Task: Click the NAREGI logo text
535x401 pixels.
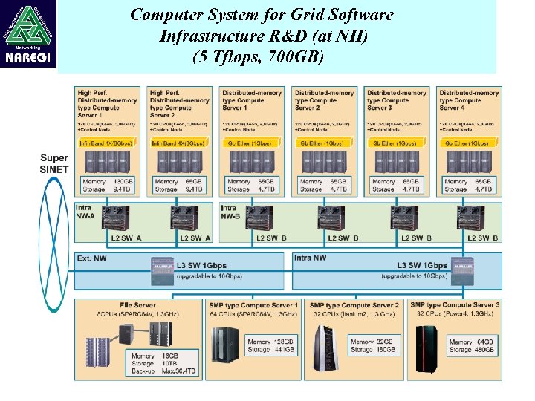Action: [x=29, y=59]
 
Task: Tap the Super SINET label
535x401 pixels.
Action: [x=53, y=163]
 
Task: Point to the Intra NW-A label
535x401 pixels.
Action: [x=85, y=212]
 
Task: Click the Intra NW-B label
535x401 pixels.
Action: [x=231, y=212]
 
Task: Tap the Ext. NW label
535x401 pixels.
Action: [x=92, y=258]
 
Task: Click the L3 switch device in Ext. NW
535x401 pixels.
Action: [x=161, y=270]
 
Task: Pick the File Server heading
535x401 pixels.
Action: [x=137, y=305]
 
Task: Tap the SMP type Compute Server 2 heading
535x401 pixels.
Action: [x=354, y=305]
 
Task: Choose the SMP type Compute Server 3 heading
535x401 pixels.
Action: [x=455, y=305]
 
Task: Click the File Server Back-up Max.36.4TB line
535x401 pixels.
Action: [x=163, y=371]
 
